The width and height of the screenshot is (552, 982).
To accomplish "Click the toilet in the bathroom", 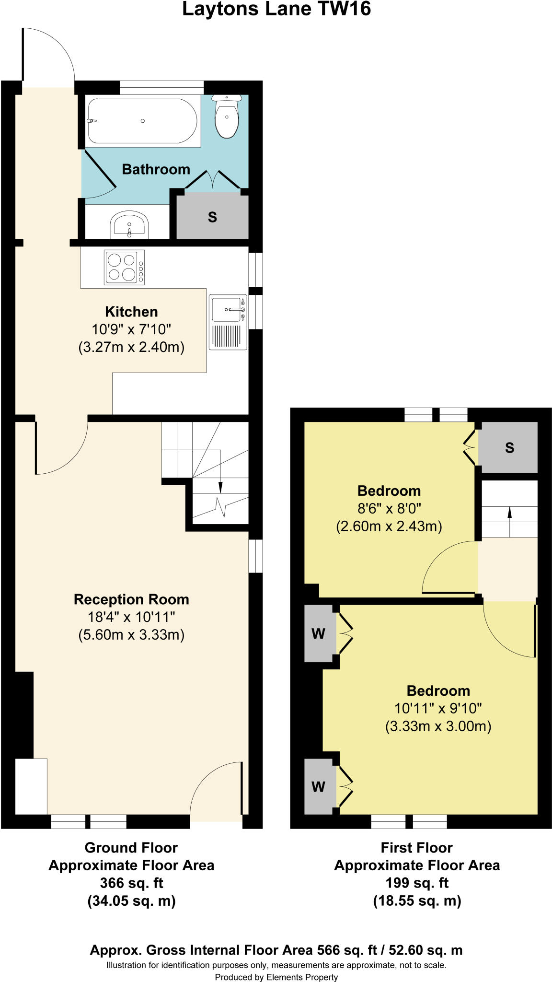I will pyautogui.click(x=227, y=116).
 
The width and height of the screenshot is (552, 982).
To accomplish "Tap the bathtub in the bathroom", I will pyautogui.click(x=142, y=121).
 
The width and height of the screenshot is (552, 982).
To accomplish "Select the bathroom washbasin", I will pyautogui.click(x=129, y=225).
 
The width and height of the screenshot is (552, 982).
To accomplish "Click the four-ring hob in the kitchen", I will pyautogui.click(x=124, y=267).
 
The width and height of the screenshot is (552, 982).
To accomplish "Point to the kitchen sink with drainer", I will pyautogui.click(x=228, y=322).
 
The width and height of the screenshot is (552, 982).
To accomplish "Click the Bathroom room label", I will pyautogui.click(x=156, y=169).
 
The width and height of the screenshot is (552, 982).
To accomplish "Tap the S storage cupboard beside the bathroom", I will pyautogui.click(x=212, y=217).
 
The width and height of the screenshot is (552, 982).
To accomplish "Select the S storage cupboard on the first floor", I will pyautogui.click(x=509, y=447).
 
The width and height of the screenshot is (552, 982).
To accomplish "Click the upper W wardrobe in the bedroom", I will pyautogui.click(x=319, y=633).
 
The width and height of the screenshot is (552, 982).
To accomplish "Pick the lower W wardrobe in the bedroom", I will pyautogui.click(x=319, y=786).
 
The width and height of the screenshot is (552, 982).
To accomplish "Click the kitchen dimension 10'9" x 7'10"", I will pyautogui.click(x=131, y=329).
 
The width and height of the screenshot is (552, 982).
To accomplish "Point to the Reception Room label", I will pyautogui.click(x=131, y=599).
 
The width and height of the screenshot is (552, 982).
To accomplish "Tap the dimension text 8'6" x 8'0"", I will pyautogui.click(x=389, y=508).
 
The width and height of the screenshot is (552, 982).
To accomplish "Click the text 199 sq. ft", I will pyautogui.click(x=417, y=883).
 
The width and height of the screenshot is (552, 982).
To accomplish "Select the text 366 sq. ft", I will pyautogui.click(x=131, y=883).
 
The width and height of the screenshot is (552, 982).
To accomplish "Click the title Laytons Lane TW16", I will pyautogui.click(x=276, y=10).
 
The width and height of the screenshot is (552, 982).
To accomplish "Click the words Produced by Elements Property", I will pyautogui.click(x=276, y=977).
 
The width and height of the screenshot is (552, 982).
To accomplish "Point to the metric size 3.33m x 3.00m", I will pyautogui.click(x=438, y=726).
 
